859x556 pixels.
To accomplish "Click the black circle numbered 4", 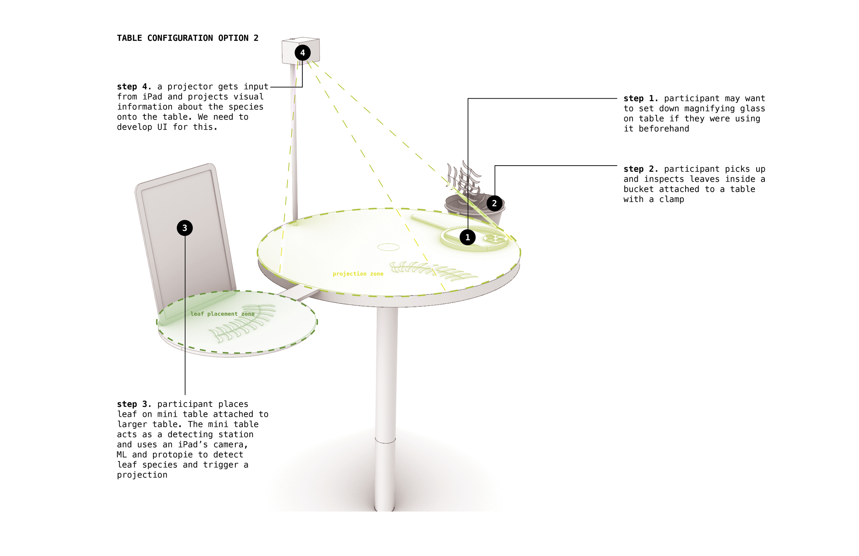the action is point(302,53).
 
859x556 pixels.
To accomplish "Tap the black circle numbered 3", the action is point(185,228).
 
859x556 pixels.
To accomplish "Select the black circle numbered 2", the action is point(494,203).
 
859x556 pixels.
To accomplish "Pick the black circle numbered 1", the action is point(468,237).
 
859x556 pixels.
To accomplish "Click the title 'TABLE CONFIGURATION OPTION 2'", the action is point(188,38).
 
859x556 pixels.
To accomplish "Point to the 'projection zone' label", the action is point(358,274).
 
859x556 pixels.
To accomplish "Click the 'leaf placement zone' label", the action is point(222,314).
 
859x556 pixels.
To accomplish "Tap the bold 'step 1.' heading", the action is point(640,98).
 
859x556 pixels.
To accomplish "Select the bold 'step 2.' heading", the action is point(640,169).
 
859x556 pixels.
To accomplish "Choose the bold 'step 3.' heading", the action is point(134,404).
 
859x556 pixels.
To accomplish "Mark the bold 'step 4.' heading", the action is point(134,87).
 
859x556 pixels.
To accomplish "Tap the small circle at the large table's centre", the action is point(388,247).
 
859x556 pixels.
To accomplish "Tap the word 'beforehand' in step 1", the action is point(664,129).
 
